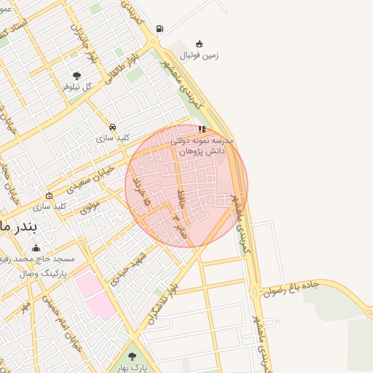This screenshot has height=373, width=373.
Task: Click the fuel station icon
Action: click(x=160, y=29)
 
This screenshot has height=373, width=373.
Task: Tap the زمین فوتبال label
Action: click(x=200, y=55)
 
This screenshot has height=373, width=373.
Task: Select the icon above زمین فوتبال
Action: click(x=200, y=43)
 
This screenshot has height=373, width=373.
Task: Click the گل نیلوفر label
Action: click(x=77, y=86)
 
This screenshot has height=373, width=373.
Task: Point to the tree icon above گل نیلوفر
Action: click(x=77, y=75)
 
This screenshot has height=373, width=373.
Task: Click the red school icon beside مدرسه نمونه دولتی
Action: click(x=202, y=129)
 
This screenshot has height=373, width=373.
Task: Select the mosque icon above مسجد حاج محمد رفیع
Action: click(x=36, y=248)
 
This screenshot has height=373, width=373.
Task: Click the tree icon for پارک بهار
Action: click(x=132, y=356)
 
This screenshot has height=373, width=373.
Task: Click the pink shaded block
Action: click(x=93, y=292)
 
